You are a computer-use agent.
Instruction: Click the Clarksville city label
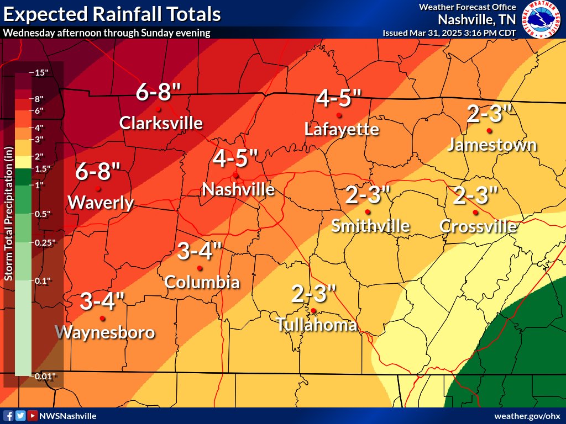(x=161, y=122)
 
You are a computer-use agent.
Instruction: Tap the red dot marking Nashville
(x=235, y=175)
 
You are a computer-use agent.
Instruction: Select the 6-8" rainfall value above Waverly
(x=98, y=172)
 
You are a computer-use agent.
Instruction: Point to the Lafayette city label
(x=342, y=129)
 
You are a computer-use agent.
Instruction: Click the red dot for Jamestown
(x=489, y=131)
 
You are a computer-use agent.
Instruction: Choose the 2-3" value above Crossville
(x=475, y=195)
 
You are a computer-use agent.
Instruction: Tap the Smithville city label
(x=370, y=225)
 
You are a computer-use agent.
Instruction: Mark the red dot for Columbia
(x=200, y=268)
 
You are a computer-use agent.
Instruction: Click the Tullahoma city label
(x=317, y=325)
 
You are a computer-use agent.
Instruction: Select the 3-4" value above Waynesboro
(x=102, y=301)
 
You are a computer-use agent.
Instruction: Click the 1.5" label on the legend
(x=43, y=168)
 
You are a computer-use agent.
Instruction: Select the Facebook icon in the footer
(x=8, y=416)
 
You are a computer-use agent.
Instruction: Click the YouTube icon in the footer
(x=33, y=416)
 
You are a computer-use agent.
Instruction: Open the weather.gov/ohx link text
(x=527, y=416)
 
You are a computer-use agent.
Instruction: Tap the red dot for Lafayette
(x=339, y=115)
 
